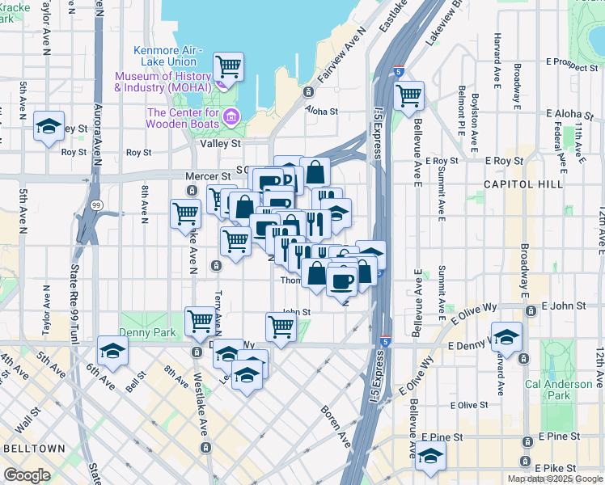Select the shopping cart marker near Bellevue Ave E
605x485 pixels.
click(x=408, y=95)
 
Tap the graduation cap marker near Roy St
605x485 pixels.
click(x=49, y=127)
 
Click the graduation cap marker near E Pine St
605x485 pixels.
click(x=430, y=458)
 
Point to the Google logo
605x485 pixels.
click(x=27, y=475)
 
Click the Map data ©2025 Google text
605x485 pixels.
click(x=556, y=479)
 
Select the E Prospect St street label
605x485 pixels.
click(x=571, y=61)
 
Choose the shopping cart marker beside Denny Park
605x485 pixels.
click(x=200, y=322)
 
